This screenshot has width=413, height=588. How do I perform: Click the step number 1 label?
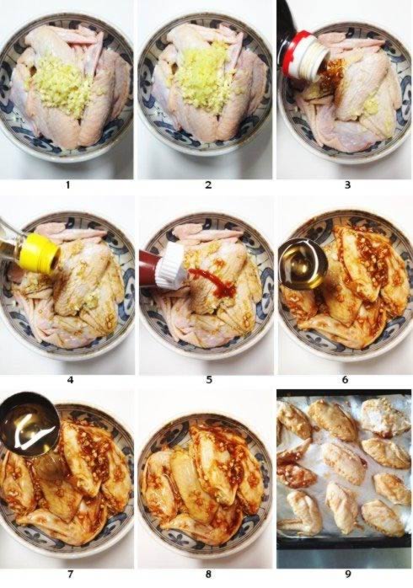[x=69, y=184]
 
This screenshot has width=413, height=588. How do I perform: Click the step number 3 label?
[x=346, y=184]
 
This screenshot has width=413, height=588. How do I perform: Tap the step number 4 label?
[x=69, y=379]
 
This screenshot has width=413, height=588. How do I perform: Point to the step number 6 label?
[x=346, y=379]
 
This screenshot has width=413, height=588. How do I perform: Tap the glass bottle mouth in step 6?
[x=303, y=265]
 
